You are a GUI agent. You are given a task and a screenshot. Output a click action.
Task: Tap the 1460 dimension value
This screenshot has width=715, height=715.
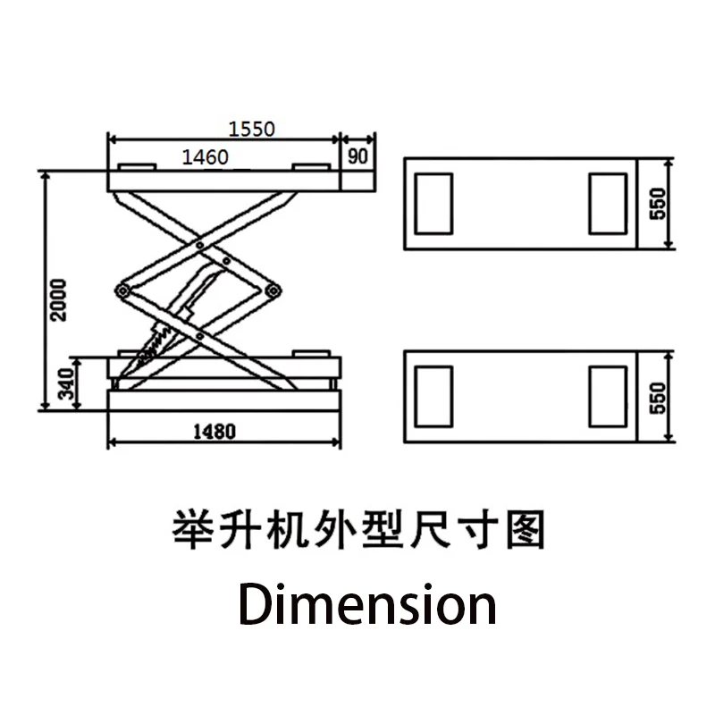(x=206, y=156)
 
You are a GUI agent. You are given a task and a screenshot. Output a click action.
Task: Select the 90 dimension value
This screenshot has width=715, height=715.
(x=357, y=156)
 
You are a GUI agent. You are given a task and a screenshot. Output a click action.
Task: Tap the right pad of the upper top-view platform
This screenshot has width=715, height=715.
(x=607, y=205)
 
